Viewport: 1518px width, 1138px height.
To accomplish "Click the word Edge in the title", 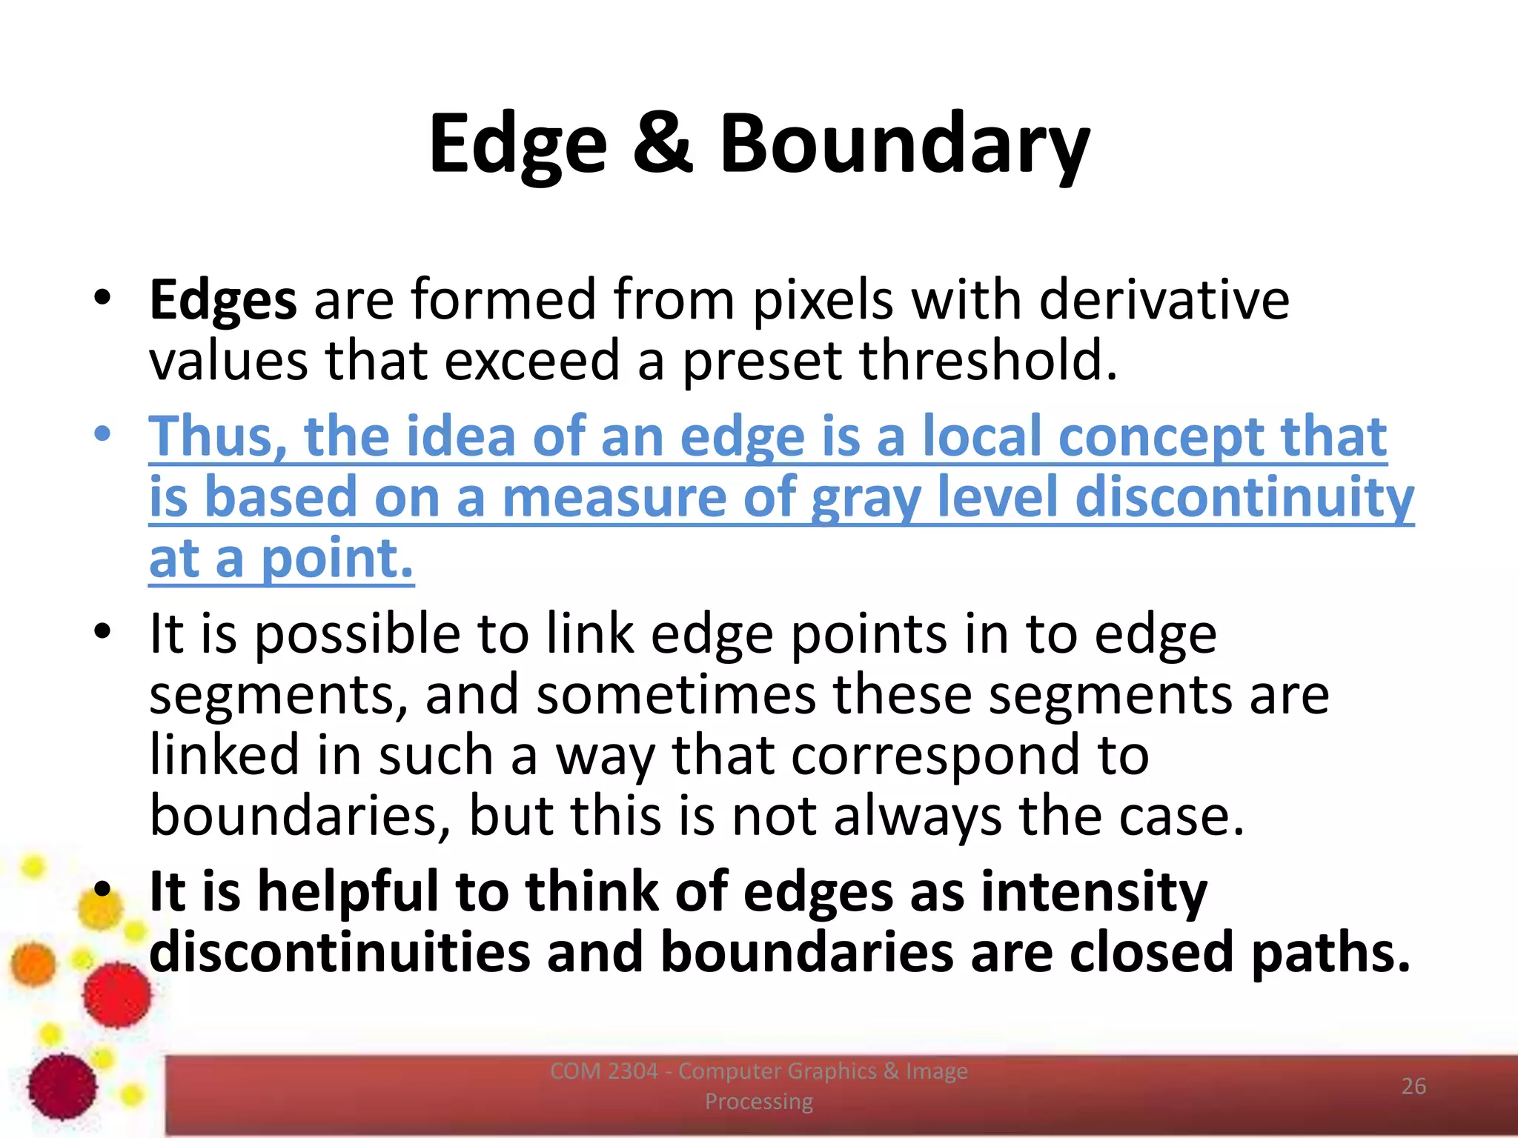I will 517,144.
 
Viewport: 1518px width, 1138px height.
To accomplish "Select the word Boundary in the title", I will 904,144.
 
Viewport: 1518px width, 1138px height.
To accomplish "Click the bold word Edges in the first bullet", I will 222,300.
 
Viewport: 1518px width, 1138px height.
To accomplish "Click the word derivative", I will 1164,300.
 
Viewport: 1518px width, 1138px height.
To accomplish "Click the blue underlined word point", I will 337,559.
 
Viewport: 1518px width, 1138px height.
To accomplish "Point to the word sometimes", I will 676,695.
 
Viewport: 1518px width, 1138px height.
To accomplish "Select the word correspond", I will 935,756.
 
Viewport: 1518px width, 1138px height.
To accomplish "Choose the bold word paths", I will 1330,953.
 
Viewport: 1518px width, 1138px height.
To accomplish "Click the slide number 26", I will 1413,1086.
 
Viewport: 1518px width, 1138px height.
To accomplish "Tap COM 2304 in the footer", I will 603,1071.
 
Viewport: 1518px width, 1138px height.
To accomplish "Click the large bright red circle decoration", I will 116,995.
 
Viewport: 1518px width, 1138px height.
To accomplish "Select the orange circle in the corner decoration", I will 33,965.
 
